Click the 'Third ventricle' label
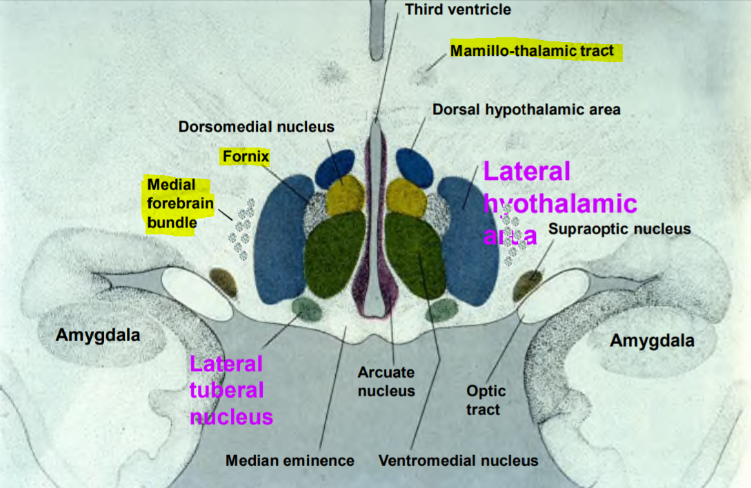[x=458, y=9]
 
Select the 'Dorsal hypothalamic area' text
[x=526, y=109]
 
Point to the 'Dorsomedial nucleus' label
[x=256, y=126]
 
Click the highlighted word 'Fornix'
[x=245, y=156]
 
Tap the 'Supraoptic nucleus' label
[x=619, y=228]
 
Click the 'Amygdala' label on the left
[x=98, y=335]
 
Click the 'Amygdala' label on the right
[x=652, y=340]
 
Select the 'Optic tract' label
[x=486, y=400]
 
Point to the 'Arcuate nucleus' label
[x=386, y=381]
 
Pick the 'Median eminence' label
[x=290, y=460]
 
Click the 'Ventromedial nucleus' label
[x=459, y=460]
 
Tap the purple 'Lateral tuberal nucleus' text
[x=231, y=390]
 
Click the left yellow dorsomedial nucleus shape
[x=345, y=196]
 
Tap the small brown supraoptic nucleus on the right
[x=528, y=285]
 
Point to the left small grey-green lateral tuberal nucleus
[x=308, y=309]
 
